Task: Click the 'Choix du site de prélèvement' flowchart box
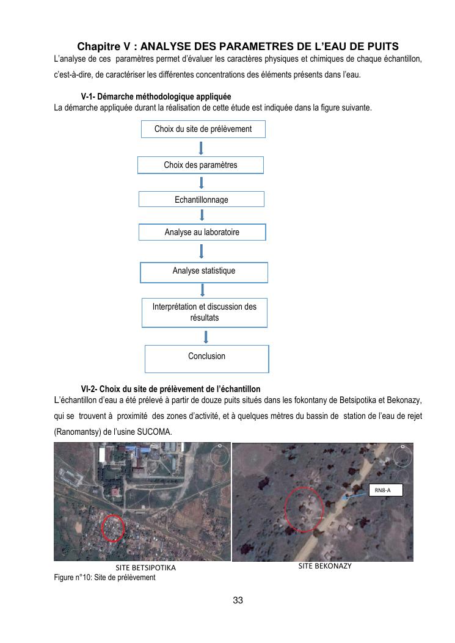tap(203, 129)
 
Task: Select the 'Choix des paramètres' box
tap(200, 165)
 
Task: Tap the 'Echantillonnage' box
tap(201, 200)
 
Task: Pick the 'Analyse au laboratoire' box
tap(202, 232)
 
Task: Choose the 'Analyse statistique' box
tap(204, 272)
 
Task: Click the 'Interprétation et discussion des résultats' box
tap(204, 312)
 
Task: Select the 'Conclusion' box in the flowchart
tap(206, 358)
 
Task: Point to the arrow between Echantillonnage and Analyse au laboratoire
tap(202, 215)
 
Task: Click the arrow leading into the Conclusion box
tap(206, 336)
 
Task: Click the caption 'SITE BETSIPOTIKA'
tap(145, 568)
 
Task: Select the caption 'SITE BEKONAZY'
tap(325, 566)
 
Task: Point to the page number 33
tap(238, 601)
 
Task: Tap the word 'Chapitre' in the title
tap(98, 46)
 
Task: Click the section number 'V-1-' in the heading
tap(88, 97)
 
